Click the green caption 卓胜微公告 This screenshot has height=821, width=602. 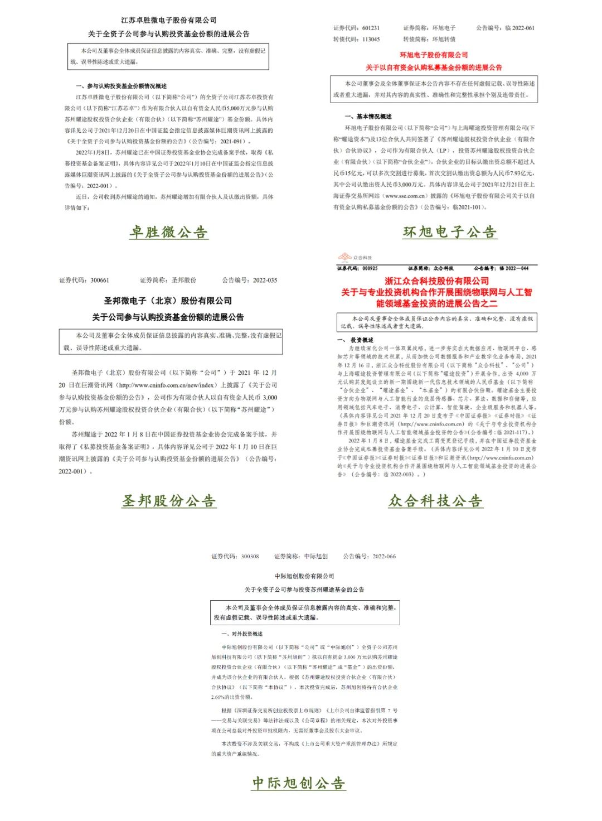coord(168,232)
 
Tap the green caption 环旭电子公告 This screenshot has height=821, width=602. coord(450,232)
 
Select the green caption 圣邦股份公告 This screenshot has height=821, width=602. coord(169,501)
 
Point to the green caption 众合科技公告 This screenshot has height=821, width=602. coord(435,501)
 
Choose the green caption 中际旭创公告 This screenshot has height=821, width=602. coord(299,783)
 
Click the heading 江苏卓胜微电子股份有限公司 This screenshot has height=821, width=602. coord(169,20)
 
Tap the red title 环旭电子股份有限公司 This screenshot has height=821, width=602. coord(434,55)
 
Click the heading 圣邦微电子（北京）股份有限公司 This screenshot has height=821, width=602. coord(168,301)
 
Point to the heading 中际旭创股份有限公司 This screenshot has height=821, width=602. coord(304,576)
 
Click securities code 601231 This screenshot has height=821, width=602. coord(371,28)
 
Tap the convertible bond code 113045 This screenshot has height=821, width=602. coord(371,40)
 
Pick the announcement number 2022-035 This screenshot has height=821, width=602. coord(265,280)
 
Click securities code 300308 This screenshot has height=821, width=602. coord(250,556)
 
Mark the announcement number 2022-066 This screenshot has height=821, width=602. coord(384,556)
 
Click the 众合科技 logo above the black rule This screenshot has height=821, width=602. coord(355,257)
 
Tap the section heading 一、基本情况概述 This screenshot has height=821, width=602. coord(368,117)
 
